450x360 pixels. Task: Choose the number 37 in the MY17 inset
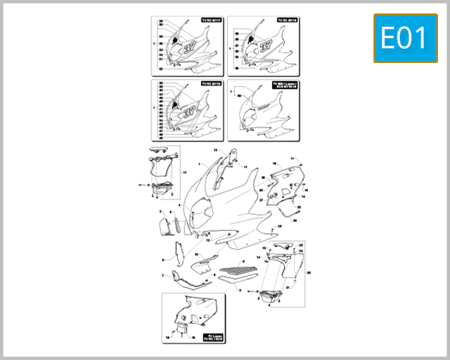(x=184, y=46)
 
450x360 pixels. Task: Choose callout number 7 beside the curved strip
(x=163, y=275)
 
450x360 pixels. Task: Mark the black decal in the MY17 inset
(x=175, y=37)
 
